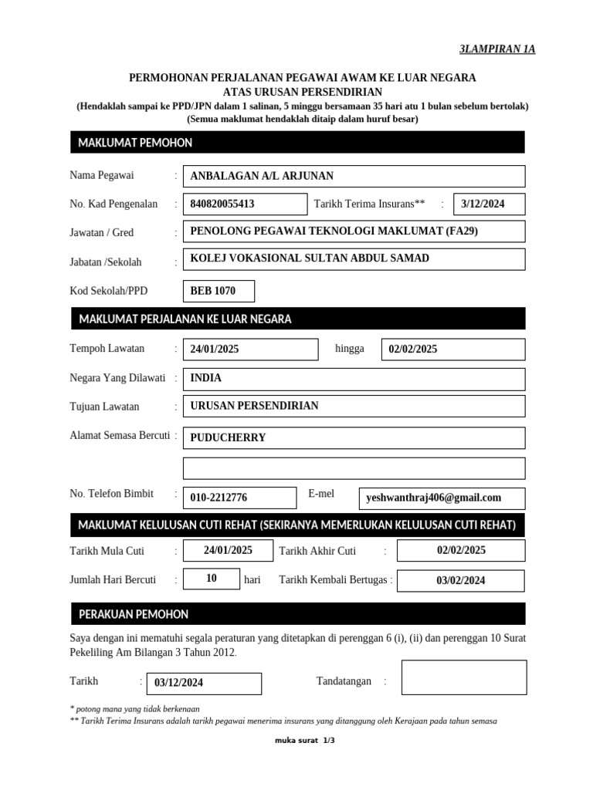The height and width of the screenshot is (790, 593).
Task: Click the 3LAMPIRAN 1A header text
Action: coord(496,49)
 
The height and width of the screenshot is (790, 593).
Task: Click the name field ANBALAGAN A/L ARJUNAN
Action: coord(354,176)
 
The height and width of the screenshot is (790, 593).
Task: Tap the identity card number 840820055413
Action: coord(244,204)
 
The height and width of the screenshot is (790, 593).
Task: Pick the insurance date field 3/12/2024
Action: coord(489,204)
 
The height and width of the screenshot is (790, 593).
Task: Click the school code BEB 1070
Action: coord(219,291)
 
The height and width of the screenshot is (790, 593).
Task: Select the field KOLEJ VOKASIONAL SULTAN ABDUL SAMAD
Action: coord(354,258)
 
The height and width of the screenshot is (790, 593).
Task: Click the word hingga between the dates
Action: coord(349,349)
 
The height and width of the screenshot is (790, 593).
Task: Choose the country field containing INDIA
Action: coord(354,379)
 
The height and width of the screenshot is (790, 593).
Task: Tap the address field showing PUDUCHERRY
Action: coord(354,437)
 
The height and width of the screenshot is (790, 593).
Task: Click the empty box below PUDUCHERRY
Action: coord(354,468)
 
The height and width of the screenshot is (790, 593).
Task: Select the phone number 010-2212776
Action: coord(239,498)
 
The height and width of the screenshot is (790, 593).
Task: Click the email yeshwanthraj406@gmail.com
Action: coord(442,498)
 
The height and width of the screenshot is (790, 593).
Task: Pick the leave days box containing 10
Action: coord(211,578)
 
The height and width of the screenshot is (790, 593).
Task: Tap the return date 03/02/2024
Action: coord(460,581)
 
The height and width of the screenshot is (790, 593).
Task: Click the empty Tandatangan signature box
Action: coord(464,677)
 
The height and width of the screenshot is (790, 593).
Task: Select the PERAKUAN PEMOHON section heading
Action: coord(134,614)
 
